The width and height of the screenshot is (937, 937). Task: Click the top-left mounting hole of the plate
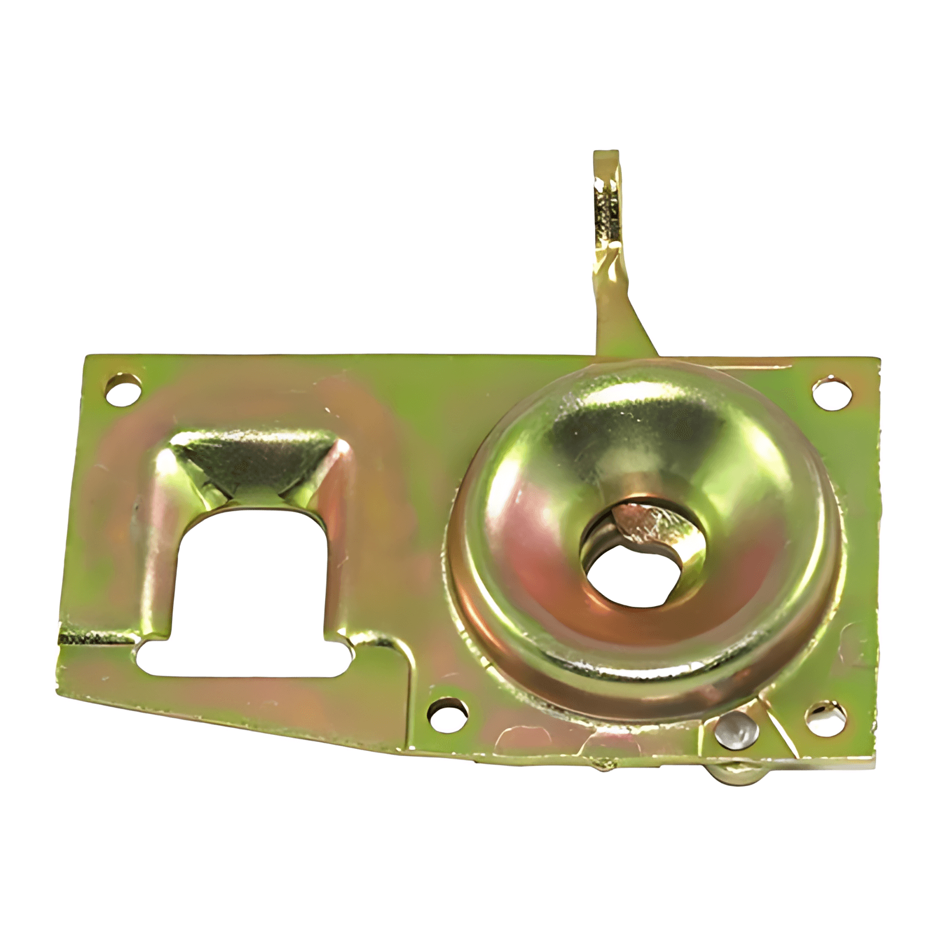[124, 388]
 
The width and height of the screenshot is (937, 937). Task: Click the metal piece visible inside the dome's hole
[638, 521]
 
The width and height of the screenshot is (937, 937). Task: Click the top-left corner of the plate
[87, 357]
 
